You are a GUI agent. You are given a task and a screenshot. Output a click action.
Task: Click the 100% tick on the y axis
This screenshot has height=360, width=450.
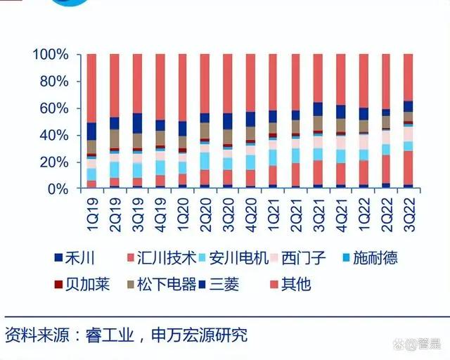[51, 54]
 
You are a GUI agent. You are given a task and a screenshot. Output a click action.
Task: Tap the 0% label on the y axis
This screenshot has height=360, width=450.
[58, 189]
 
